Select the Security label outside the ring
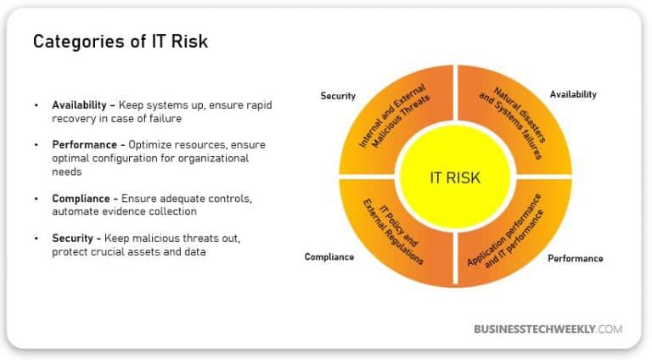(x=338, y=96)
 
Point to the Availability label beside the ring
(x=573, y=94)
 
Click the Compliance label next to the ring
(x=329, y=256)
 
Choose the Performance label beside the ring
(x=576, y=258)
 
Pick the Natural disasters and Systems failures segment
(x=514, y=115)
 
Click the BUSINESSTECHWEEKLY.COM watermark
(x=548, y=329)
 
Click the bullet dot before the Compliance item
(x=37, y=198)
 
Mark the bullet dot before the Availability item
(x=37, y=104)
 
